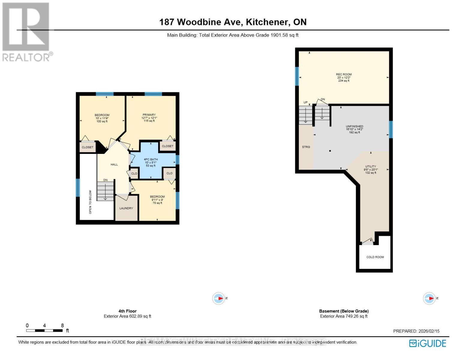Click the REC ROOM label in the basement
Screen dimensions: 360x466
coord(344,74)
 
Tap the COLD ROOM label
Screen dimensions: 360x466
coord(375,257)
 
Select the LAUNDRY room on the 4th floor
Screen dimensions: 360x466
coord(126,208)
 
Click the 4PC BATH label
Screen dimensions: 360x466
coord(151,160)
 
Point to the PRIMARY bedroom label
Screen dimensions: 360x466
coord(149,115)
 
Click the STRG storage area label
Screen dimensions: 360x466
coord(306,147)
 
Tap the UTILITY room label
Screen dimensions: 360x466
coord(371,166)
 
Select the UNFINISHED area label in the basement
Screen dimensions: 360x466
coord(354,127)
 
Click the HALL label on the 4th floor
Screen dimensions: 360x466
coord(114,164)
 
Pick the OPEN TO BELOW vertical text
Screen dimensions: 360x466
coord(90,202)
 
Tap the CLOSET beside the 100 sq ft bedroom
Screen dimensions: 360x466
coord(88,147)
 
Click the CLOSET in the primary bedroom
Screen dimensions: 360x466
coord(167,146)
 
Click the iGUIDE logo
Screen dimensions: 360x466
coord(428,343)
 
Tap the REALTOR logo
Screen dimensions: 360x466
coord(26,32)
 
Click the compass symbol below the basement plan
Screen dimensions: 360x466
coord(429,298)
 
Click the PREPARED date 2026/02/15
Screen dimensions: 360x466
coord(416,331)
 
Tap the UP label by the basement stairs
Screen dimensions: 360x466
coord(305,102)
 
